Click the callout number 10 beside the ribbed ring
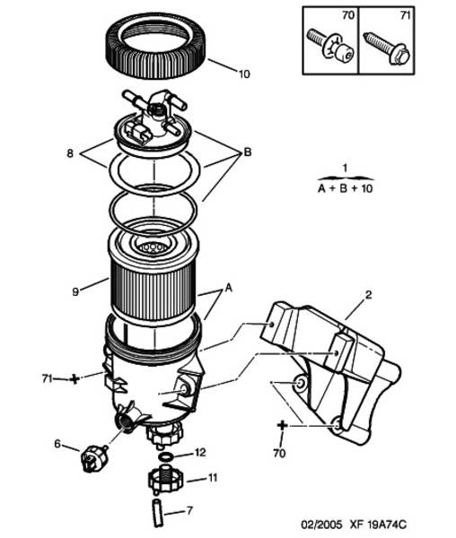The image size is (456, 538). (244, 74)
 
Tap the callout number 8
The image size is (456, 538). (70, 153)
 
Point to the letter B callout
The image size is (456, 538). (247, 152)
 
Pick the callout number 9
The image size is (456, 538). (75, 291)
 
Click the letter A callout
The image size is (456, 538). (228, 288)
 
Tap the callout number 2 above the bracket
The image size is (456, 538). (368, 295)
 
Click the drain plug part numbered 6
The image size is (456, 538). (93, 457)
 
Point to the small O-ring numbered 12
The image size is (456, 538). (166, 456)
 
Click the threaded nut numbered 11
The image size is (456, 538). (164, 480)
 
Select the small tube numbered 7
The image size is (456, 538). (156, 513)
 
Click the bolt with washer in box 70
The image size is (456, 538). (330, 47)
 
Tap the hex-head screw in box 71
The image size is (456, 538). (387, 48)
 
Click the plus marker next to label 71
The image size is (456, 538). (75, 379)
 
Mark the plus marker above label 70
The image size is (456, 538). (282, 426)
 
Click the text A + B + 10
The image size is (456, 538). (345, 188)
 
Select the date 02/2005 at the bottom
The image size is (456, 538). (321, 525)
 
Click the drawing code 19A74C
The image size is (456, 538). (387, 525)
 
